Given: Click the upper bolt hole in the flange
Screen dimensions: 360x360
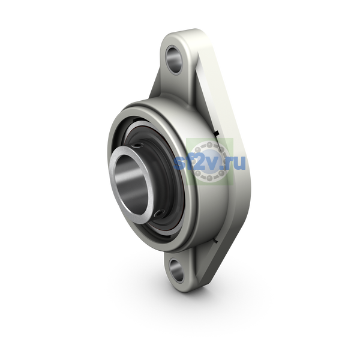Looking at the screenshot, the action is (x=174, y=59).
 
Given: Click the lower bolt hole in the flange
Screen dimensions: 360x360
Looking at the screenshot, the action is (x=176, y=270).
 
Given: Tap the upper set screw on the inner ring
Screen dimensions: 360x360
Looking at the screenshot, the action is (x=139, y=145).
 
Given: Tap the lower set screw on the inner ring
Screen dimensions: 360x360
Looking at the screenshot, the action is (x=160, y=213).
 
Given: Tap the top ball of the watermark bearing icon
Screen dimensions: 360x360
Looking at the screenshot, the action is (x=209, y=145).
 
